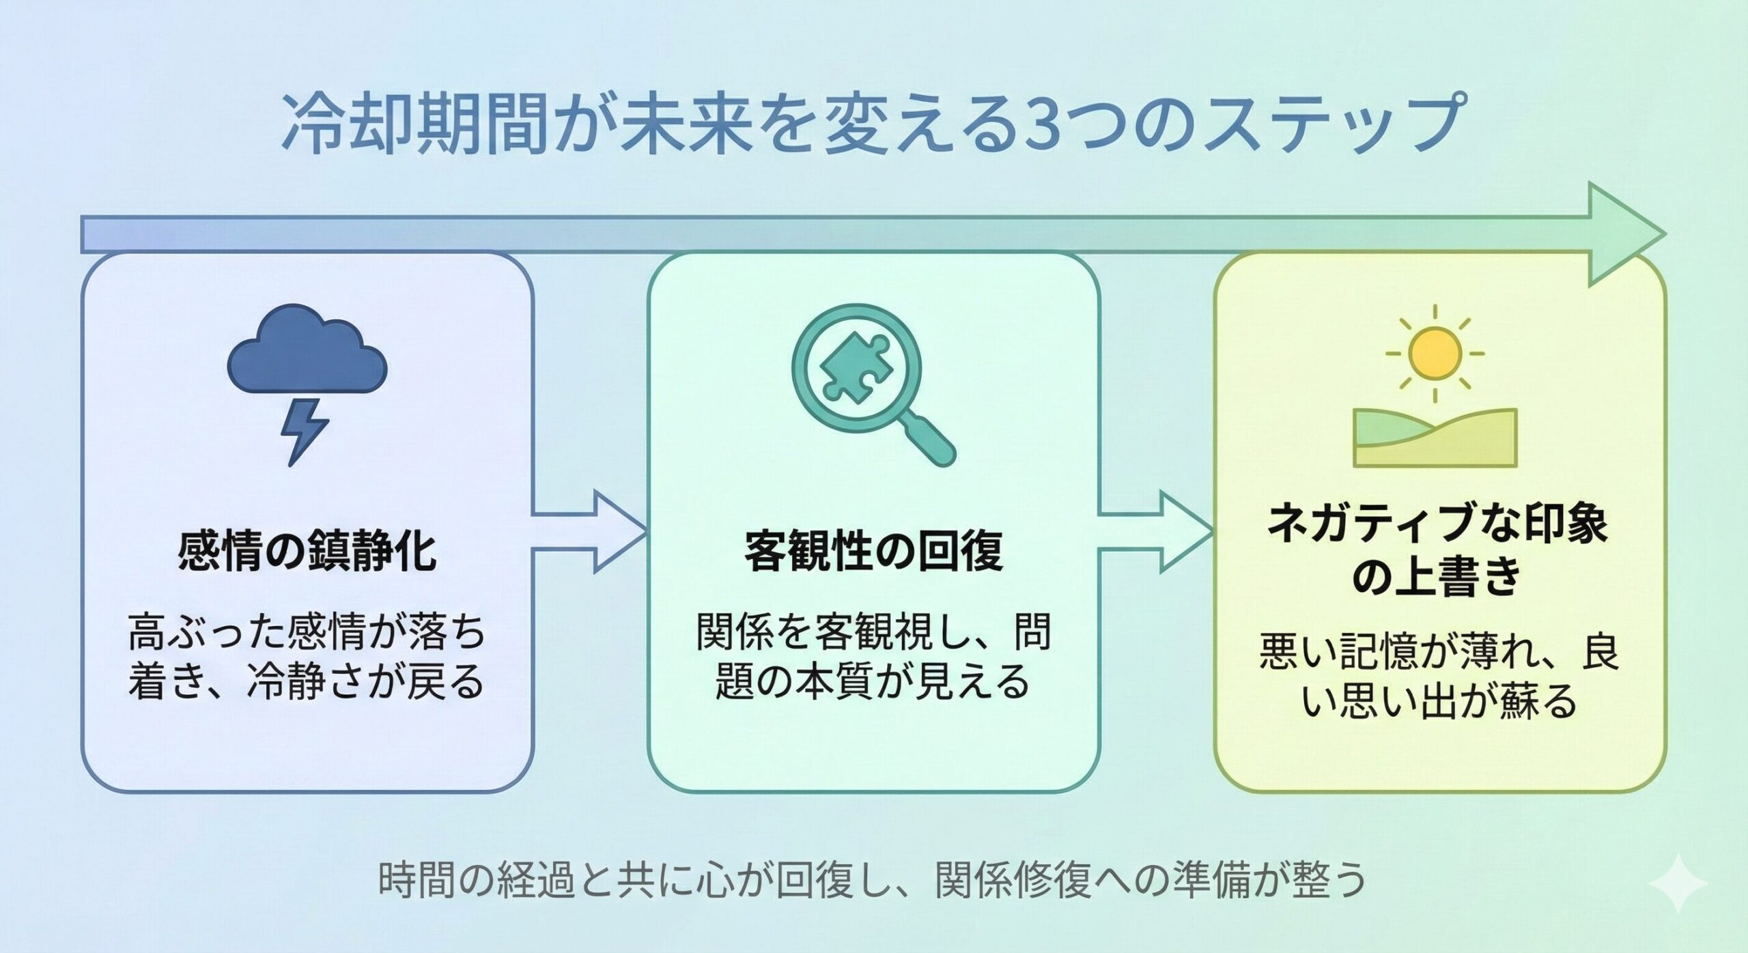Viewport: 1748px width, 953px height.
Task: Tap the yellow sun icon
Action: (1435, 354)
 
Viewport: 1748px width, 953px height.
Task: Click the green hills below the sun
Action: (1435, 438)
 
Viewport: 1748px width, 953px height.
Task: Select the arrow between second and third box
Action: (1156, 530)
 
